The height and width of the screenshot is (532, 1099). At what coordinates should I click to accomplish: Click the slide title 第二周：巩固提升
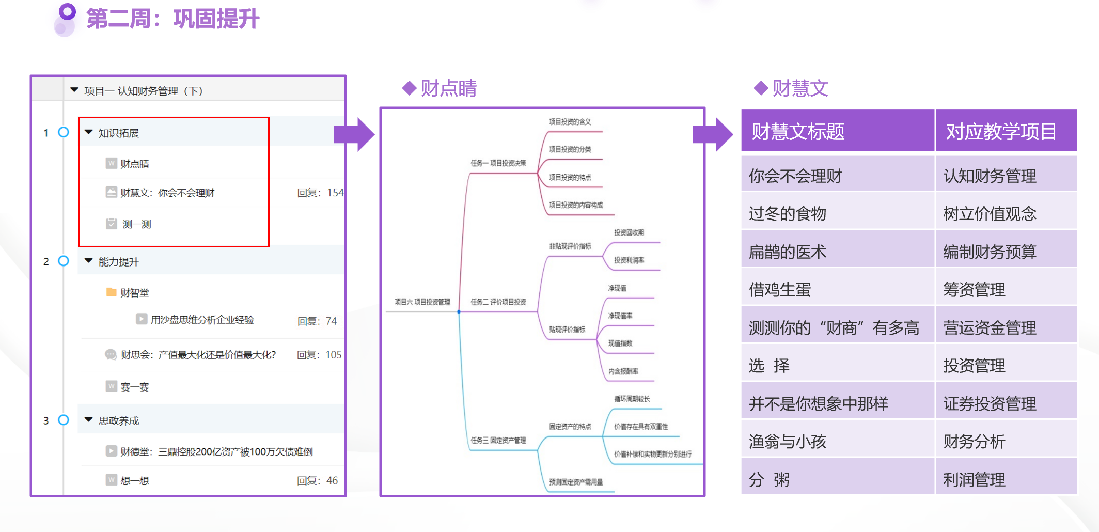[172, 19]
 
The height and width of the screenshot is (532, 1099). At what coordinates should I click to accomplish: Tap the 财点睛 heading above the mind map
[448, 88]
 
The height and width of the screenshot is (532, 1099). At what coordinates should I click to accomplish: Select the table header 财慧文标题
[798, 132]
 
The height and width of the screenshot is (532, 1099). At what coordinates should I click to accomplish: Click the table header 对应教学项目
[1000, 132]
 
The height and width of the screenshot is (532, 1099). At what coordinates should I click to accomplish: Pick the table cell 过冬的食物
[788, 213]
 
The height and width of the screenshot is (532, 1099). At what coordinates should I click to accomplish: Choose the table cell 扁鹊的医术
[788, 252]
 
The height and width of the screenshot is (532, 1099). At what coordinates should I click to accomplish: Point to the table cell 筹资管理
[974, 290]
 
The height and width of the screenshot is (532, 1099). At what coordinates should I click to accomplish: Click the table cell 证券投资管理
[990, 403]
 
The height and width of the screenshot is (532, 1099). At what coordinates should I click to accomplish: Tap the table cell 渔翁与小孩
[788, 442]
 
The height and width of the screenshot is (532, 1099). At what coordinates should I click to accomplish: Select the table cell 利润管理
[974, 480]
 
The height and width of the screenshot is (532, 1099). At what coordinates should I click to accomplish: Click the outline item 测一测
[136, 224]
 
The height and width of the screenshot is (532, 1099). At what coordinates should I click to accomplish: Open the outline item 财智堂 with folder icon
[134, 293]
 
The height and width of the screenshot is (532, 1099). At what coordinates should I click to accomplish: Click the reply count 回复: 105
[319, 355]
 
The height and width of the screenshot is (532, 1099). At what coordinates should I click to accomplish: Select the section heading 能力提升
[119, 262]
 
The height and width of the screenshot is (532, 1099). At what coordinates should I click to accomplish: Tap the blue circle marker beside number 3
[64, 420]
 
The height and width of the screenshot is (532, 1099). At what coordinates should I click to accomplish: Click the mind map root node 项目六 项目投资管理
[422, 302]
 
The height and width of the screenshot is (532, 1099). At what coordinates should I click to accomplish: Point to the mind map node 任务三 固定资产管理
[498, 441]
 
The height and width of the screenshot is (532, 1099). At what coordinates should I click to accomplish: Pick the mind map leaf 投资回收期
[629, 232]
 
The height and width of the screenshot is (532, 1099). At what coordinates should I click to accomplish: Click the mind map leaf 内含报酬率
[623, 371]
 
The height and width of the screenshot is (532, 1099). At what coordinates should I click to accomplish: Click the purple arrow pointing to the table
[712, 134]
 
